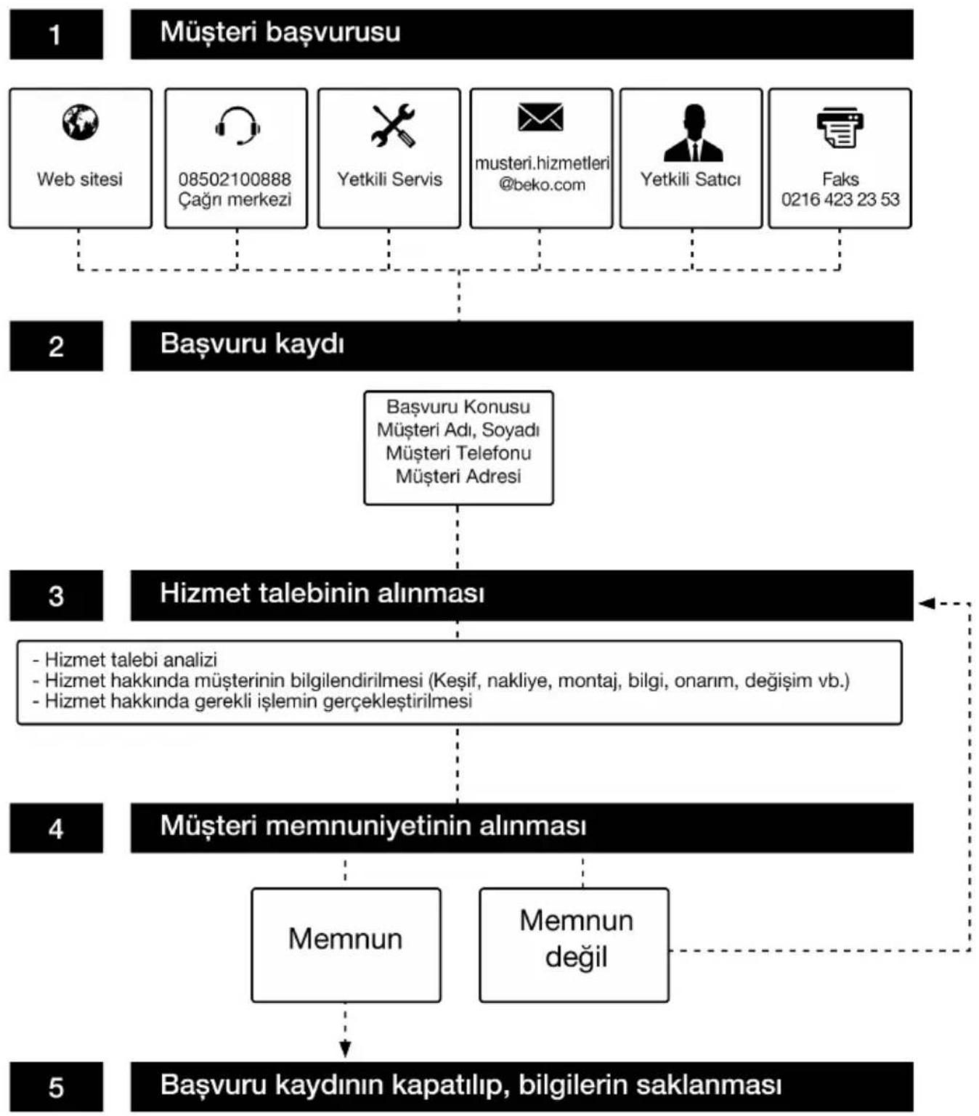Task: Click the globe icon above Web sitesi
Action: point(81,122)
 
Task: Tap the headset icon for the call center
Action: point(237,126)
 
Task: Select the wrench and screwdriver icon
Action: point(392,125)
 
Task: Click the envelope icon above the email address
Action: point(540,117)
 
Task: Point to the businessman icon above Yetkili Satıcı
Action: point(693,133)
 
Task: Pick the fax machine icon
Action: point(840,127)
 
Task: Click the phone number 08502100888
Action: point(234,179)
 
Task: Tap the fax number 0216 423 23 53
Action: point(840,199)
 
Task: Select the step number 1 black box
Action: point(56,34)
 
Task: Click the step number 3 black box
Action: point(56,595)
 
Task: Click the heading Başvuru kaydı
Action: point(252,344)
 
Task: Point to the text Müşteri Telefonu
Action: point(458,453)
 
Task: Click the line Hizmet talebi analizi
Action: point(125,659)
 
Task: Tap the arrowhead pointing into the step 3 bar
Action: point(926,603)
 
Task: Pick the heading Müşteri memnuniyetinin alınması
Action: point(373,826)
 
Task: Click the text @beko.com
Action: point(542,184)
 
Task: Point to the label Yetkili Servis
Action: point(389,179)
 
